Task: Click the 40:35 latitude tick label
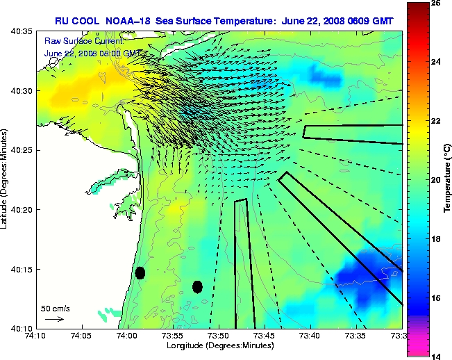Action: coord(22,31)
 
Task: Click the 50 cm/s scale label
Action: coord(56,308)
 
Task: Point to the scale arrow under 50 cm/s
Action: coord(54,319)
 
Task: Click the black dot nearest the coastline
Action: coord(140,272)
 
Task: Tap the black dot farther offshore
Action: coord(197,286)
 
